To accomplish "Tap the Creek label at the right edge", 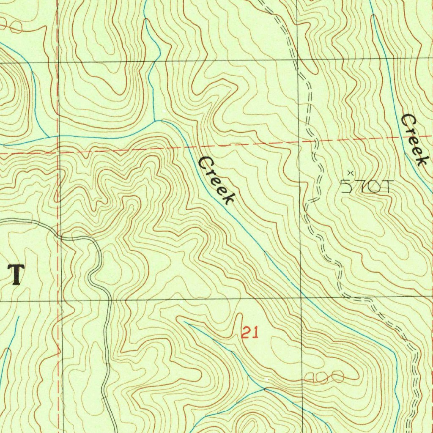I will pyautogui.click(x=415, y=140).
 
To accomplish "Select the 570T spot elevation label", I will pyautogui.click(x=367, y=186).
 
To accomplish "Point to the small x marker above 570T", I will pyautogui.click(x=350, y=173).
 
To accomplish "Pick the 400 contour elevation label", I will pyautogui.click(x=324, y=378).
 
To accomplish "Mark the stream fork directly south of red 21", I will pyautogui.click(x=265, y=387).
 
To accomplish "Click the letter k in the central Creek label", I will pyautogui.click(x=228, y=197).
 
